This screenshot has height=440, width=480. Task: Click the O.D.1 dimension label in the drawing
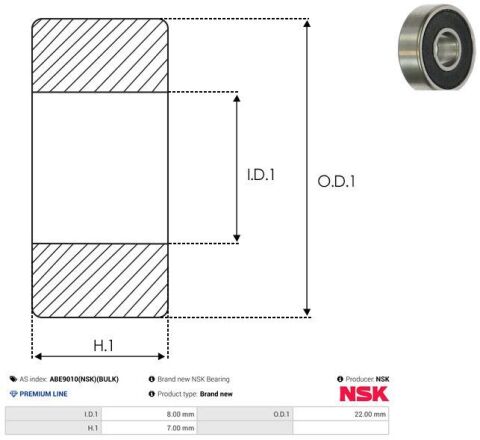click(x=336, y=181)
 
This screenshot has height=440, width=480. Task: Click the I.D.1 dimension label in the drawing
click(x=261, y=175)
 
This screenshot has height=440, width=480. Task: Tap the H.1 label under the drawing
click(x=103, y=345)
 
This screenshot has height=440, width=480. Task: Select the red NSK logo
click(x=364, y=394)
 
